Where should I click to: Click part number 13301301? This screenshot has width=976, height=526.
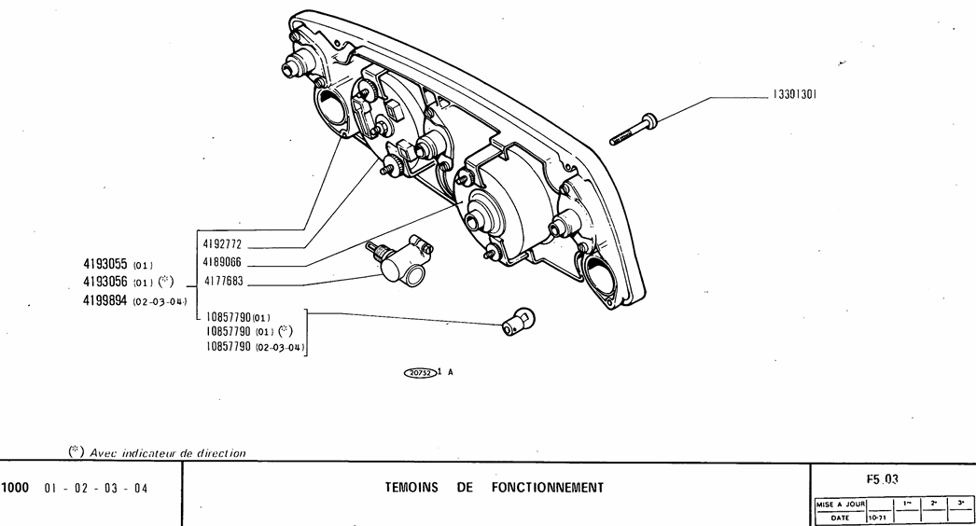[793, 93]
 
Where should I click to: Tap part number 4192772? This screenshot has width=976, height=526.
[223, 244]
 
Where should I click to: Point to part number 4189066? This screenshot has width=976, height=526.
[223, 263]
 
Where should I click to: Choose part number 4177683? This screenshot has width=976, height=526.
[223, 281]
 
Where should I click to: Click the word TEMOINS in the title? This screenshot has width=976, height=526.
[411, 488]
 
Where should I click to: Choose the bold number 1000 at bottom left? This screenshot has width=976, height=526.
[17, 488]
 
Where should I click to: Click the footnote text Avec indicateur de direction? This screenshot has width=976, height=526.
[167, 453]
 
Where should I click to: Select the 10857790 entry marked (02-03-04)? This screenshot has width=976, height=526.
[255, 347]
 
